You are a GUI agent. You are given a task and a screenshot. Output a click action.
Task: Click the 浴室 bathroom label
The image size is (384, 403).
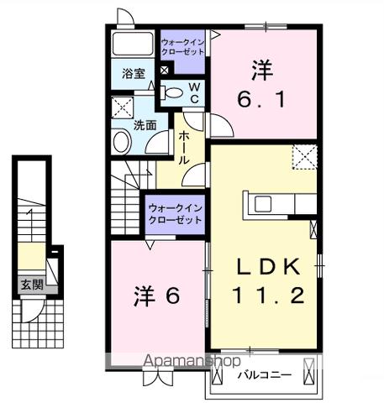tap(132, 72)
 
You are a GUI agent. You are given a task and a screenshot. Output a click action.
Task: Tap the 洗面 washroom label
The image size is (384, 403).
tap(145, 126)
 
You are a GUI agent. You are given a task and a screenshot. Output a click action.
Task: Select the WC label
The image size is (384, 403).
tap(193, 93)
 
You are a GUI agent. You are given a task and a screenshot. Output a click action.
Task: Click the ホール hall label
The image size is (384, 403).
tap(184, 147)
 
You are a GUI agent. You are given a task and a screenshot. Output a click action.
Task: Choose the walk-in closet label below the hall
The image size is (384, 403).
tap(175, 213)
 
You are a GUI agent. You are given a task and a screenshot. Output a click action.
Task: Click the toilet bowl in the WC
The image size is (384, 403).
tap(174, 93)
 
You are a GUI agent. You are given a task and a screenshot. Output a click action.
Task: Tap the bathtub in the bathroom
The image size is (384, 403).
tap(132, 44)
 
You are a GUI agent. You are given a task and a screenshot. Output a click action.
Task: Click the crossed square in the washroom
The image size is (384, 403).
tap(123, 107)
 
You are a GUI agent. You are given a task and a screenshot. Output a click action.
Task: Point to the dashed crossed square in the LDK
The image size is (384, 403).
tap(304, 156)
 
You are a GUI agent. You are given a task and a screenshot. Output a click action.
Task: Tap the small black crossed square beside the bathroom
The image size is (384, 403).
tap(165, 71)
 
